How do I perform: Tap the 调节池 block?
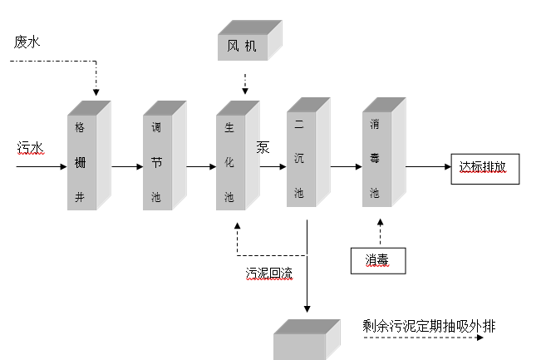[x=160, y=162]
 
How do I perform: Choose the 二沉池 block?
[x=303, y=158]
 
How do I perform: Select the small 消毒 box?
[x=378, y=260]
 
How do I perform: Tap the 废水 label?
[x=27, y=42]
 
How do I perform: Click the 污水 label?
[x=30, y=147]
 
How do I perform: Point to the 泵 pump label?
[x=263, y=147]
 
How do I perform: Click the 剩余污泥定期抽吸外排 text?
[x=429, y=325]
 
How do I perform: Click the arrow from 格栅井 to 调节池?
[x=127, y=166]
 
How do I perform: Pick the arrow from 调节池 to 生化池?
[x=200, y=166]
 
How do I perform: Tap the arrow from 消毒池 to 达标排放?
[x=428, y=166]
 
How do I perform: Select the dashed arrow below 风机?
[x=244, y=82]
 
